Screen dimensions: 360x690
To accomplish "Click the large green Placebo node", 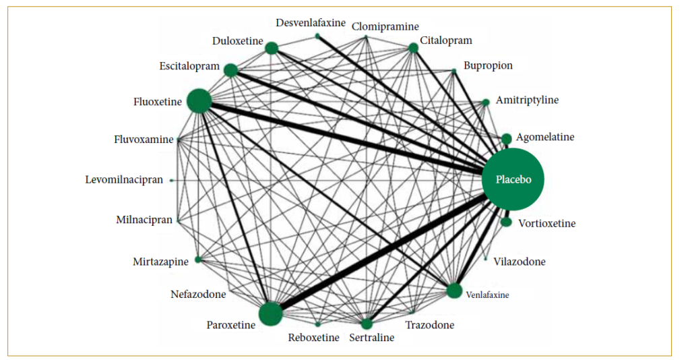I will tap(513, 180).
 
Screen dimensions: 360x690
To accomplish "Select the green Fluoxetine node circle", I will tap(199, 101).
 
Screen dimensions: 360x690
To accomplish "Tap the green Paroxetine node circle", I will tap(270, 314).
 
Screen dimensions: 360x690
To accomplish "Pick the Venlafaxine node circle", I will tap(454, 291).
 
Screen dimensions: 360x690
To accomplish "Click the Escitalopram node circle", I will tap(230, 70).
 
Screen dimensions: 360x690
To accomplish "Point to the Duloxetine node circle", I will tap(272, 48).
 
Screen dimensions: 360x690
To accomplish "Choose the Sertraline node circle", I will tap(367, 324).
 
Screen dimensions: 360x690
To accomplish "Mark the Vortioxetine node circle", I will tap(506, 222).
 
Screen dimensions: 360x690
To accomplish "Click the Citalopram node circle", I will tap(413, 48).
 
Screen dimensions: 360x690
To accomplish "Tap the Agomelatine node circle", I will tap(507, 138).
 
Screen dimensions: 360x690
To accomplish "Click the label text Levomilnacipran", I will tap(124, 180).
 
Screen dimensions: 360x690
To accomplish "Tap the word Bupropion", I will tap(488, 66).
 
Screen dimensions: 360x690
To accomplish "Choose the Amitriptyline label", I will tap(527, 100).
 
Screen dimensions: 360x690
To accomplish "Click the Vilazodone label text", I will tap(520, 262).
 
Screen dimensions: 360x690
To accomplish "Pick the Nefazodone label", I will tap(198, 294).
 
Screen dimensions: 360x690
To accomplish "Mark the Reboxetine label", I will tap(313, 337).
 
